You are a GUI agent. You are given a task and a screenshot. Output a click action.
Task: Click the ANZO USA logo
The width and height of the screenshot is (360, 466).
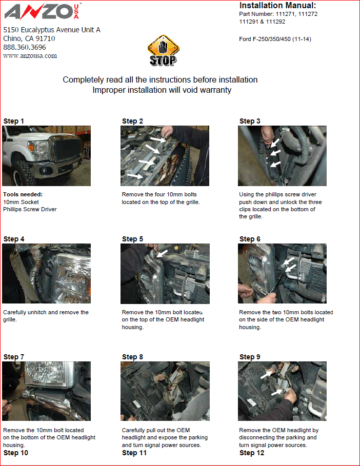(42, 12)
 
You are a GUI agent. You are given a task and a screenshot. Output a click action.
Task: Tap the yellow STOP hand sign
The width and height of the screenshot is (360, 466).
(163, 50)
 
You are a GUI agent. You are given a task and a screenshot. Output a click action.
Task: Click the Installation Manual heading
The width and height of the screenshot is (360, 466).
(277, 5)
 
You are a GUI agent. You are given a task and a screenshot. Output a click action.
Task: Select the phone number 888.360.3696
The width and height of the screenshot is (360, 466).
(25, 47)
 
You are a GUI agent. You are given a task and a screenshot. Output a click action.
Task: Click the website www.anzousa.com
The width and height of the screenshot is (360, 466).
(30, 56)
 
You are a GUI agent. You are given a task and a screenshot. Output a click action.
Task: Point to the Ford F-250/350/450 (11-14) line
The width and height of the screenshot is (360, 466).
(275, 39)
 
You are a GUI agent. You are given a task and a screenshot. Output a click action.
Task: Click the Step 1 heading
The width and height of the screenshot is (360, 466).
(14, 121)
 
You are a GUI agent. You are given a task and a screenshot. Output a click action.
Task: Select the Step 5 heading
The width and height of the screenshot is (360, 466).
(133, 239)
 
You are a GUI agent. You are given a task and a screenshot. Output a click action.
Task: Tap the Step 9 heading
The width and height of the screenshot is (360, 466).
(250, 357)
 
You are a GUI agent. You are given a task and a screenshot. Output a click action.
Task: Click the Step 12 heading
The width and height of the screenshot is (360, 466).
(252, 453)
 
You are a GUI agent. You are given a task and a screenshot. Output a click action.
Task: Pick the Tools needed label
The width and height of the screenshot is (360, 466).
(23, 194)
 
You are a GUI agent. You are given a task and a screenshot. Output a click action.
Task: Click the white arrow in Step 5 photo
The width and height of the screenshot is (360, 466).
(162, 253)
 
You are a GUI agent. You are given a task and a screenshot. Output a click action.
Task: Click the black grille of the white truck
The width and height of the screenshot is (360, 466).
(67, 150)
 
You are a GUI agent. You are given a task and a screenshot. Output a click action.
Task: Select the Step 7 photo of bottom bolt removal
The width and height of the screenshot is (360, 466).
(46, 391)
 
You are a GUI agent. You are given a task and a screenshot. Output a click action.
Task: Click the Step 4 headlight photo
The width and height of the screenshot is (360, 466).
(46, 273)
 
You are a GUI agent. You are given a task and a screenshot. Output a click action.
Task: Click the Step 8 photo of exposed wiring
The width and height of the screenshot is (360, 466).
(165, 391)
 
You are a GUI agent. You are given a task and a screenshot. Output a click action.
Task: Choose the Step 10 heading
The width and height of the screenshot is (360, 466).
(16, 453)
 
